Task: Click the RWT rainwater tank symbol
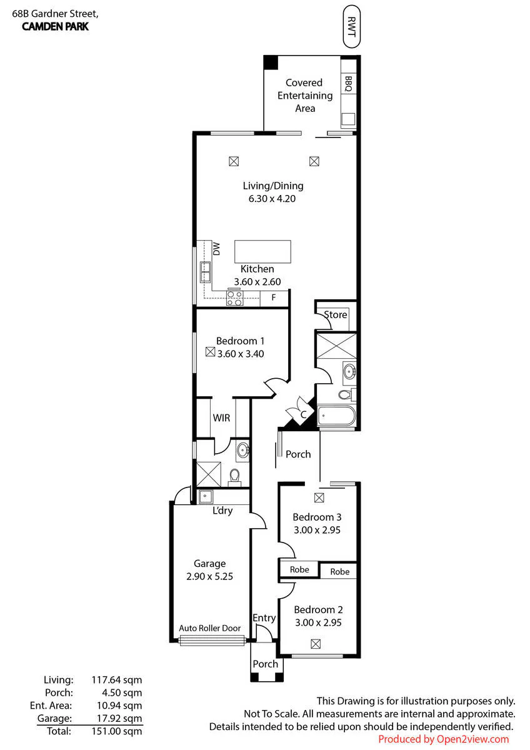point(351,26)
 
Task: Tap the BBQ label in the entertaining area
point(348,84)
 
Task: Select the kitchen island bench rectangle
point(262,251)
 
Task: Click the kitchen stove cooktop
point(235,297)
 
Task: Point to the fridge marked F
point(274,297)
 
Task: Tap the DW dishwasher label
point(217,249)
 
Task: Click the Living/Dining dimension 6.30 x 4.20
point(272,199)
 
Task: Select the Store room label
point(335,314)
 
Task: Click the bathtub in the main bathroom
point(336,416)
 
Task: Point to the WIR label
point(221,417)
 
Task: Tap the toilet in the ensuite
point(235,477)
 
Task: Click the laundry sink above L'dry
point(205,496)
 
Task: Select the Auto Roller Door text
point(209,627)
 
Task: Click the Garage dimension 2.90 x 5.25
point(209,576)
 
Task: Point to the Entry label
point(264,617)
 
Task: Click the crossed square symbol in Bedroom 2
point(316,644)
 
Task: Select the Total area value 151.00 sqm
point(117,731)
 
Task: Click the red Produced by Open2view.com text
point(443,739)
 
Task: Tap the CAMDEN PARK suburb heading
point(55,26)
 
